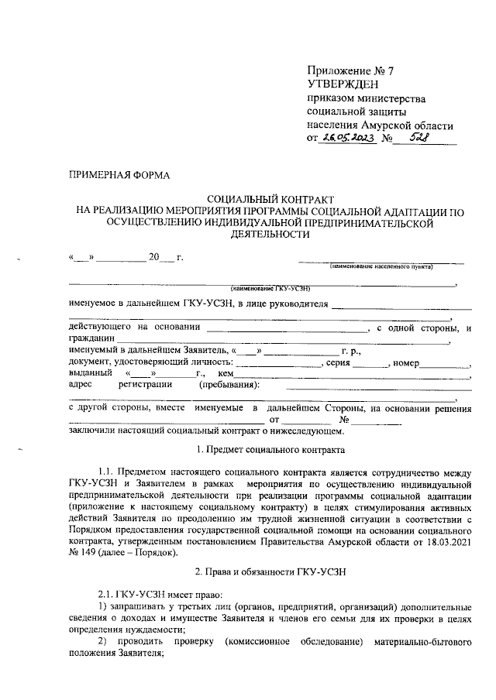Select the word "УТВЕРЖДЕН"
point(342,84)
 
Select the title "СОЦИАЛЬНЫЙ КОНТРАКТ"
point(263,199)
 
